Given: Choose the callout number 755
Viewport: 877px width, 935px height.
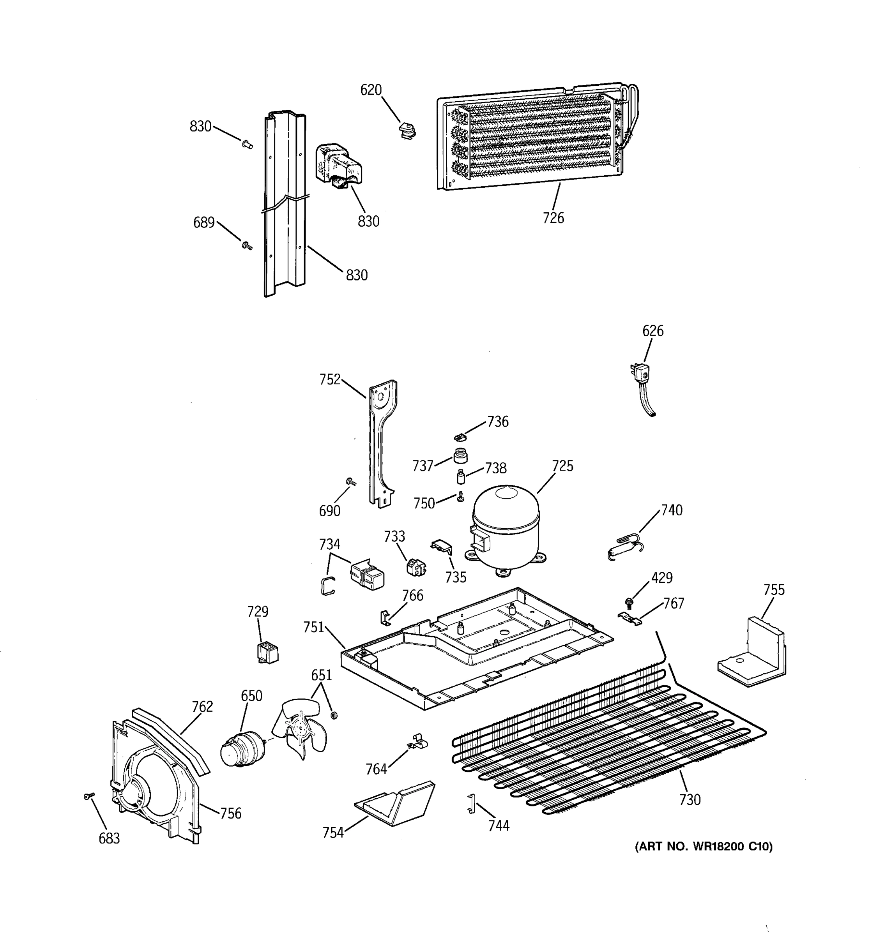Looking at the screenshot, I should (x=774, y=589).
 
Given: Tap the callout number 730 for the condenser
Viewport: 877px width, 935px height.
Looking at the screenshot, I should (x=690, y=799).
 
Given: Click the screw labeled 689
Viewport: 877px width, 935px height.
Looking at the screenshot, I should (x=247, y=245).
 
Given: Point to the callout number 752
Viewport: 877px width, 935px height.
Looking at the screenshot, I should (x=330, y=379).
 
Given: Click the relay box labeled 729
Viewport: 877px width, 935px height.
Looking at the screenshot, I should (x=268, y=652).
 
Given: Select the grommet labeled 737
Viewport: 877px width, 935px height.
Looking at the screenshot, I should (x=460, y=456).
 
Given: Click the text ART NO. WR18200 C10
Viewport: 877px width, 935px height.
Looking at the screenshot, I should (x=704, y=847).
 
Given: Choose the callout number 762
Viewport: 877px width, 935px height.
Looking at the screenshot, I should (x=202, y=706).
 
